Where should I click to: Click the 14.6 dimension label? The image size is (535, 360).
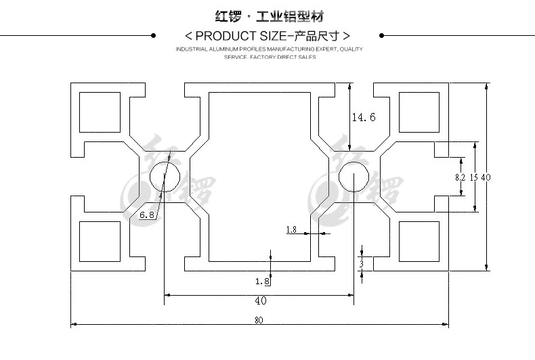click(363, 117)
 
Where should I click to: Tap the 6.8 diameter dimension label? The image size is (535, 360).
click(147, 215)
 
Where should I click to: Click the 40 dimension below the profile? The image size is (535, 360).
click(260, 300)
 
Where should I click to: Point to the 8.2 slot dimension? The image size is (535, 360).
click(460, 177)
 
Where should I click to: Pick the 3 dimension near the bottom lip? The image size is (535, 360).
click(362, 263)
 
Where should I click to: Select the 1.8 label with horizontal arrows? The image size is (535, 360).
click(291, 229)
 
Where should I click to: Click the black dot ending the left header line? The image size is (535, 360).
click(153, 35)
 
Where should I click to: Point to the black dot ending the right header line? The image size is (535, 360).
click(383, 35)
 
